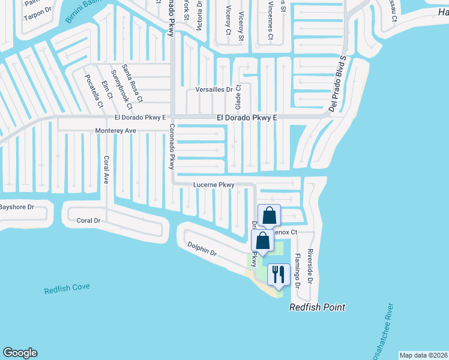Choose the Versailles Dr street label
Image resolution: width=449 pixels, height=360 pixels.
tap(214, 89)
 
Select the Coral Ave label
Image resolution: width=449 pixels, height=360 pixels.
tap(106, 170)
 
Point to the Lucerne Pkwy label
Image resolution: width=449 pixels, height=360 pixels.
tap(213, 185)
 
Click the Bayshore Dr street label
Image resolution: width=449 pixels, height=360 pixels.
tap(16, 207)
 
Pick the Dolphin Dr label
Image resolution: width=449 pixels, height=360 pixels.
tap(201, 249)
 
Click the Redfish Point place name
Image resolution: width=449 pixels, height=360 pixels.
tap(317, 307)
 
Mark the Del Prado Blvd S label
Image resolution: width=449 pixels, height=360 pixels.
tap(337, 84)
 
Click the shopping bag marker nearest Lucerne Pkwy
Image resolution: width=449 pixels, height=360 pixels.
tap(270, 215)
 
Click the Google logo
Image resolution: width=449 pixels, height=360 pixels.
tap(20, 353)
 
